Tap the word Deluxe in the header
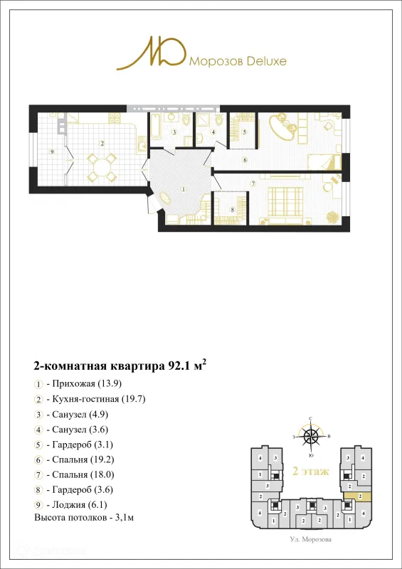coord(265,61)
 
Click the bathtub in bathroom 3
coord(156,126)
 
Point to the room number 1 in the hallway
coord(183,189)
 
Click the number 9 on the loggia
coord(52,151)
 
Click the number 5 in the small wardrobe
coord(244,132)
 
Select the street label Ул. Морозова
coord(311,540)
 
